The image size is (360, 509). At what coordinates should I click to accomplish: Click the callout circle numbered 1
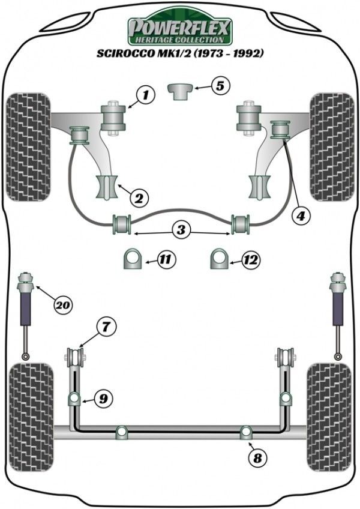point(145,94)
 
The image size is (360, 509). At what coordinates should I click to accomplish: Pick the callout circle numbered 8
point(257,459)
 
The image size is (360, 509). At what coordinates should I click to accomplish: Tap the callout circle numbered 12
point(251,260)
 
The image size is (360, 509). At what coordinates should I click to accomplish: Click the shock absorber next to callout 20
point(26,312)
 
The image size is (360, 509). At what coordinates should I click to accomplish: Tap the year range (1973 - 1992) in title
point(229,53)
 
